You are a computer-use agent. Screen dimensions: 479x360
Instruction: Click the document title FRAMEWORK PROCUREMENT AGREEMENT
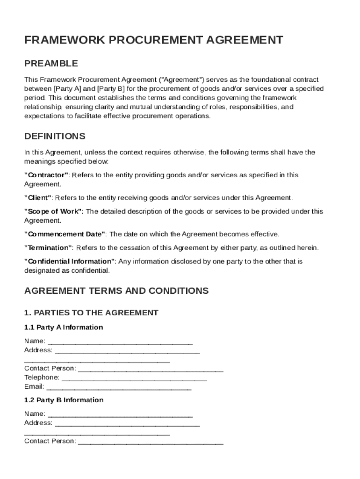(x=153, y=40)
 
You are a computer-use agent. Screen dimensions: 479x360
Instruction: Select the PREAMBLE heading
(x=51, y=64)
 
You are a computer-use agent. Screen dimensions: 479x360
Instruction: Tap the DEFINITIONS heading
(x=55, y=137)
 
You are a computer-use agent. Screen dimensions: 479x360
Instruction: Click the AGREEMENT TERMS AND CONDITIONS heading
(x=116, y=291)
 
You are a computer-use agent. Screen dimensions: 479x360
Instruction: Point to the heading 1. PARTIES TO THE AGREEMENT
(x=91, y=313)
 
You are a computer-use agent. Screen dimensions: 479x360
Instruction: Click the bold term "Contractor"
(x=46, y=175)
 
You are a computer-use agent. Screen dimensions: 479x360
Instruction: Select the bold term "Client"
(x=38, y=198)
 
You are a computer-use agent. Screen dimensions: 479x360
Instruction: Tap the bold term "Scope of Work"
(x=53, y=211)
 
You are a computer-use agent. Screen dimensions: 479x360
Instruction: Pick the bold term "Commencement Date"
(x=65, y=234)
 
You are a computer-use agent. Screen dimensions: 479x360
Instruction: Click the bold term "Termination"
(x=48, y=247)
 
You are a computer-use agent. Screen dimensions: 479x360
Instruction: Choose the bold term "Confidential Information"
(x=70, y=261)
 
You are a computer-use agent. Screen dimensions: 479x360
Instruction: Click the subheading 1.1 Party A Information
(x=64, y=327)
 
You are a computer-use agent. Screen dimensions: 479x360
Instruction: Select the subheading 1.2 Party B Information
(x=64, y=400)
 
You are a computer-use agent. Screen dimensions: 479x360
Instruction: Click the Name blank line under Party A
(x=120, y=341)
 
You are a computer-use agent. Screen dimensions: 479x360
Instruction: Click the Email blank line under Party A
(x=119, y=387)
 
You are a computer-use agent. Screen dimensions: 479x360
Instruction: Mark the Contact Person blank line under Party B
(x=151, y=442)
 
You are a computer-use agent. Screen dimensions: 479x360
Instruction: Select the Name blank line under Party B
(x=120, y=414)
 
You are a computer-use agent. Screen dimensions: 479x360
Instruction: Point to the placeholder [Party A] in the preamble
(x=68, y=89)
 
